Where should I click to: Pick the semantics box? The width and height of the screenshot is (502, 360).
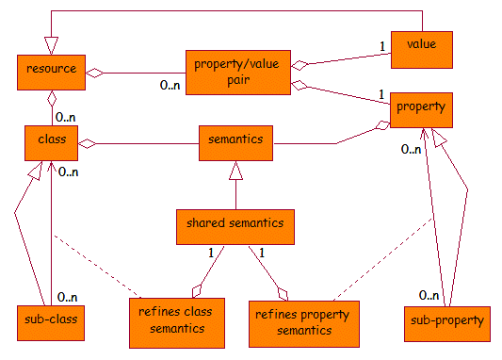[x=235, y=142]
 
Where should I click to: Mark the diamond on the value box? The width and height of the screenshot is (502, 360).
[x=300, y=65]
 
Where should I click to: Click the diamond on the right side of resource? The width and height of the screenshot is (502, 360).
[x=94, y=72]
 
